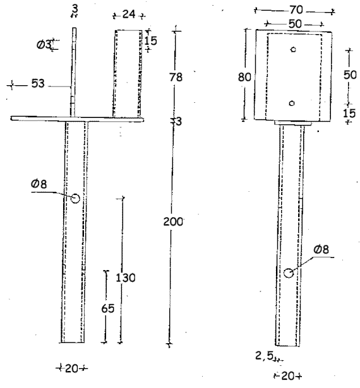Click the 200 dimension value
click(x=173, y=221)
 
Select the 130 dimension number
click(x=126, y=278)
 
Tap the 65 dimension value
click(x=108, y=309)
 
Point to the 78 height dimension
click(x=176, y=77)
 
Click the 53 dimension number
click(x=38, y=83)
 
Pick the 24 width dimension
click(x=129, y=15)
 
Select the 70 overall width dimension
click(x=296, y=10)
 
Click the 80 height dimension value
click(x=244, y=77)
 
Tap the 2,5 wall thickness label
click(x=264, y=356)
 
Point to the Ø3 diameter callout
click(x=44, y=45)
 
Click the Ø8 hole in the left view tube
click(x=75, y=198)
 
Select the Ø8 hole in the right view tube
click(x=289, y=273)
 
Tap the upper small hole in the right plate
click(x=293, y=49)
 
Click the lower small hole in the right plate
click(x=292, y=103)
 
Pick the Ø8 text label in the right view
click(x=321, y=249)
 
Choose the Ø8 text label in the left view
click(x=39, y=184)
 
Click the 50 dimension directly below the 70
click(x=295, y=24)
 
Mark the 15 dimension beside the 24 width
click(x=150, y=40)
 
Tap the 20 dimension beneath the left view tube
click(x=72, y=368)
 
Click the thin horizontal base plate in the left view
click(x=77, y=119)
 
